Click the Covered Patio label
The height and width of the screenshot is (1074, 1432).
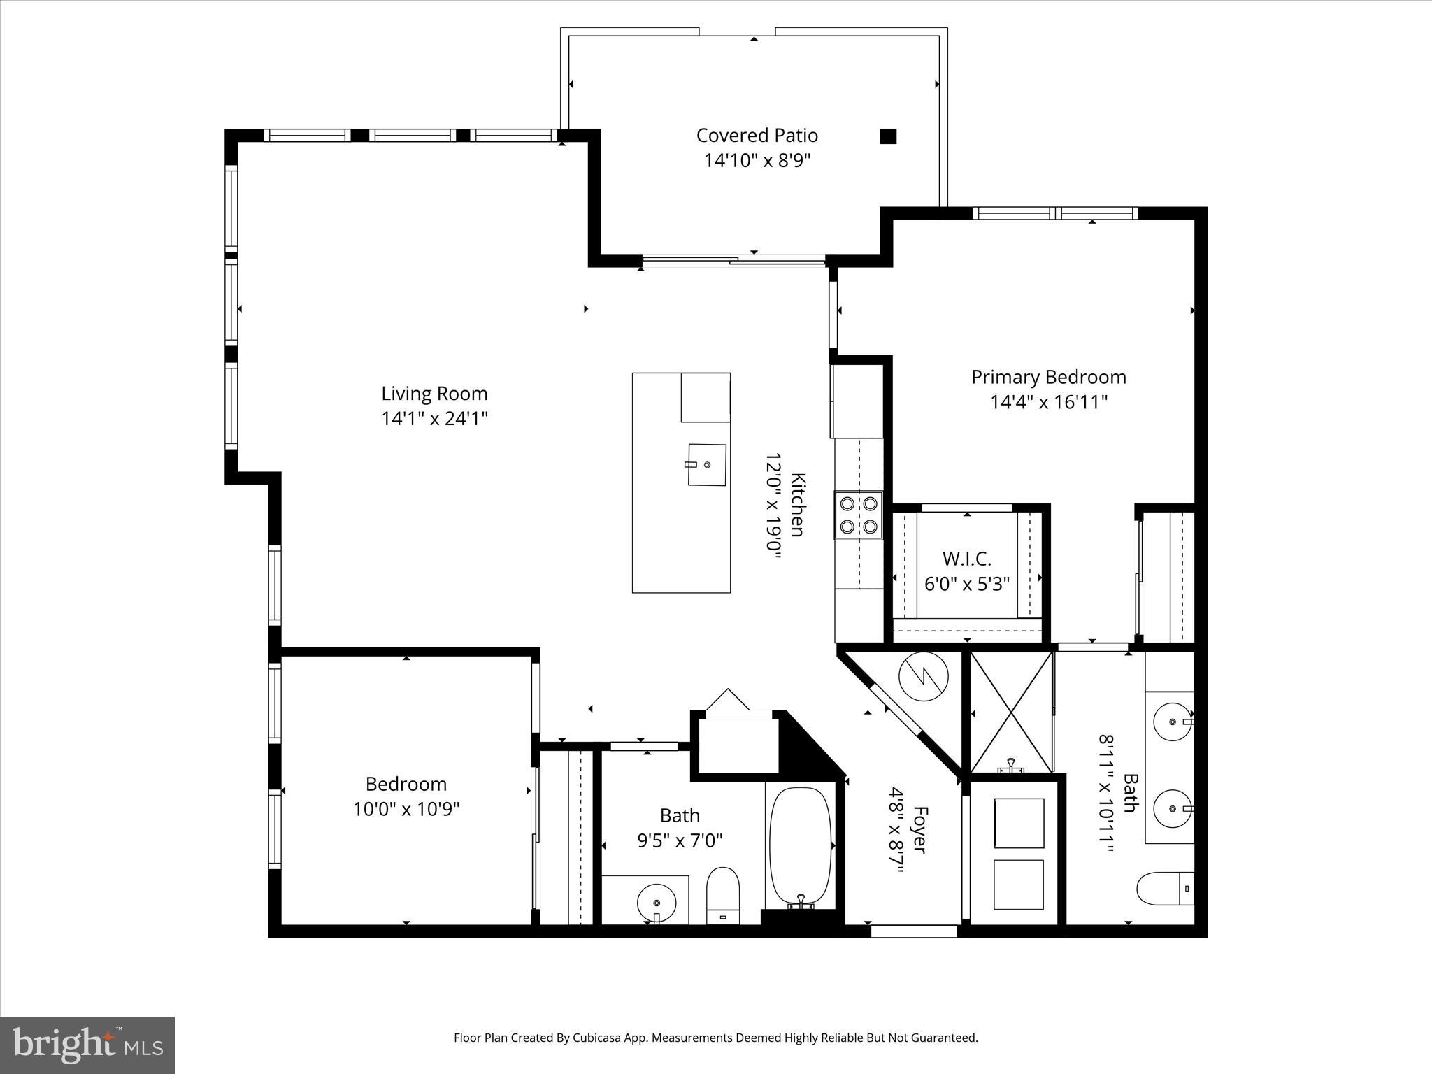click(757, 135)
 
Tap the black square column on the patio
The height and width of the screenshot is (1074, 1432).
click(887, 136)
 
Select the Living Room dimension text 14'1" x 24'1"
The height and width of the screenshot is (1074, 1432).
click(434, 419)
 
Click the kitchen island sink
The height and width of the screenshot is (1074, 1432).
click(707, 464)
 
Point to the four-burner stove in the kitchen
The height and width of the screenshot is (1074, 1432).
click(859, 515)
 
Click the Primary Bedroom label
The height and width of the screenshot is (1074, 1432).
click(1048, 378)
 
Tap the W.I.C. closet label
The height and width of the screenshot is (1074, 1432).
click(966, 559)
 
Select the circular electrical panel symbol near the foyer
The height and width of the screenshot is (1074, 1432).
click(923, 676)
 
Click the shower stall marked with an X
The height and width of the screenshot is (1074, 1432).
click(1011, 712)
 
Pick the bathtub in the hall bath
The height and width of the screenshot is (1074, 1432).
click(801, 847)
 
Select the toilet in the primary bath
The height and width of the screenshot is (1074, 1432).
click(1164, 889)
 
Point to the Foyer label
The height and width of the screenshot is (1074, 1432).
click(921, 830)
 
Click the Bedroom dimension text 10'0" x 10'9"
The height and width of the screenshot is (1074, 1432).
click(406, 810)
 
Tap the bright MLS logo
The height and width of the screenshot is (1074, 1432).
click(87, 1045)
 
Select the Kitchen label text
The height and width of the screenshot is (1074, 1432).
click(798, 505)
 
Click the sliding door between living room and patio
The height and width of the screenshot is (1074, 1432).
click(733, 262)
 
